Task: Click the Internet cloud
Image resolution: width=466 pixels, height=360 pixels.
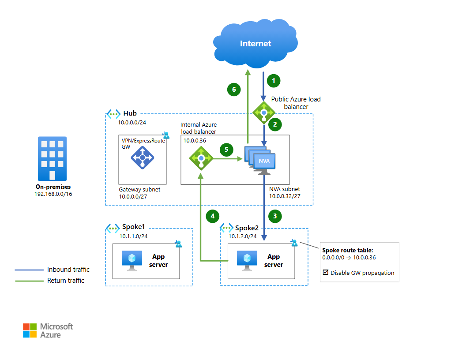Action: click(255, 44)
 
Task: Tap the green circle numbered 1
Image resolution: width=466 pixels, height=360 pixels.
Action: click(274, 81)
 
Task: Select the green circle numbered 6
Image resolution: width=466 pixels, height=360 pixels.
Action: click(234, 90)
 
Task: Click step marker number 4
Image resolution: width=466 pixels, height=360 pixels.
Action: click(213, 216)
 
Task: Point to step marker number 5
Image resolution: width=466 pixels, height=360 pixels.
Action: click(226, 150)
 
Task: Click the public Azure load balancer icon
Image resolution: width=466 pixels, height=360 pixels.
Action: click(264, 112)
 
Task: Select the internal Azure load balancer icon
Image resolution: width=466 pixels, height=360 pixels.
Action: click(201, 158)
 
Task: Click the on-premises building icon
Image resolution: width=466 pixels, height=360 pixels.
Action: click(53, 158)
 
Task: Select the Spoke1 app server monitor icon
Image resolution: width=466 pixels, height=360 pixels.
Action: click(132, 260)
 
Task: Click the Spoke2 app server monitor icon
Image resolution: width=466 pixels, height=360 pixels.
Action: click(247, 260)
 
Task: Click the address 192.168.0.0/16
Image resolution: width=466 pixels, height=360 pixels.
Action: click(53, 194)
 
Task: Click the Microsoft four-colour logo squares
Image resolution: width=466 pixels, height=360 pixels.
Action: click(30, 330)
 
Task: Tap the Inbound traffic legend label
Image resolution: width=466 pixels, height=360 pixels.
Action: click(68, 270)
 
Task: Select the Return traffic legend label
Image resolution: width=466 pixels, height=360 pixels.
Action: click(66, 281)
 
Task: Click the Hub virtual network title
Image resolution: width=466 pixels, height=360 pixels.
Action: click(130, 114)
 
